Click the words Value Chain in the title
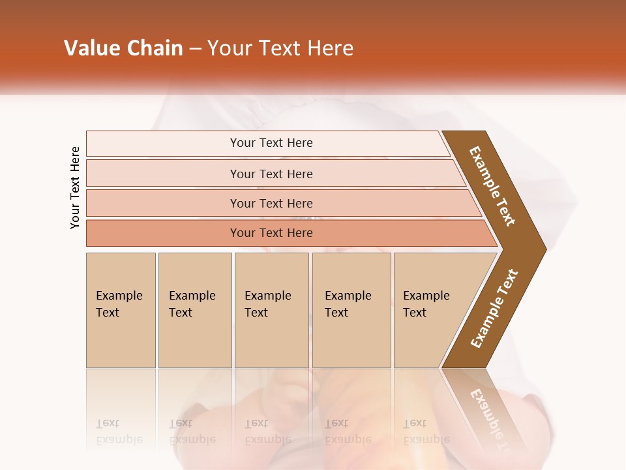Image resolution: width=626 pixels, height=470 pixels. pos(123,48)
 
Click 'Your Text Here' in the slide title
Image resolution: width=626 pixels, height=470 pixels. pos(280,48)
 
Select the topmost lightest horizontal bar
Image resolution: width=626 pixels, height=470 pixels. pos(163,143)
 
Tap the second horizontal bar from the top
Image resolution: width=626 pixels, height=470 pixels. pos(163,174)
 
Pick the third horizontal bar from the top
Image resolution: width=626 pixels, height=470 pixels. pos(163,203)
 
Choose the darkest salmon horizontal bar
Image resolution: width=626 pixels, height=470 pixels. pos(163,233)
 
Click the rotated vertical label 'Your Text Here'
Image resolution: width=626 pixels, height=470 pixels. pos(75,187)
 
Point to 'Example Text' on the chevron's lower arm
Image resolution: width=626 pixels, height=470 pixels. pos(494,308)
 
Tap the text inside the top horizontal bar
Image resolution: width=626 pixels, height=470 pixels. pos(271,143)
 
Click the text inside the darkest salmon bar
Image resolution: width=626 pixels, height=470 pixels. pos(271,233)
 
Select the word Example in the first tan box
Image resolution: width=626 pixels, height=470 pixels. pos(119,296)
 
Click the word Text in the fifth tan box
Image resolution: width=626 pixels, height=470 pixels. pos(415,313)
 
